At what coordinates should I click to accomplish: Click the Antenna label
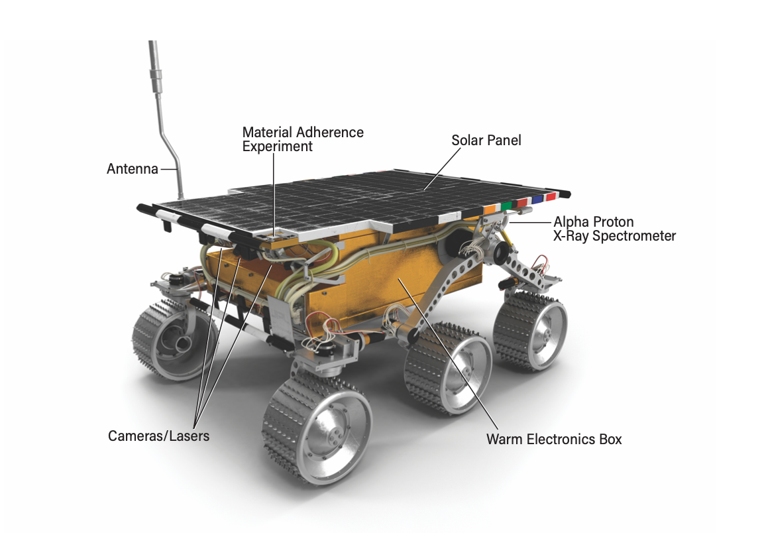133,169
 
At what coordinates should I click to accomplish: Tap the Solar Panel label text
486,140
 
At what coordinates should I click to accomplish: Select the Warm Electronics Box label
554,440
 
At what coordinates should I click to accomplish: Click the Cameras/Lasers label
158,436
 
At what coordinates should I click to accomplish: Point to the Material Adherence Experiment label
303,139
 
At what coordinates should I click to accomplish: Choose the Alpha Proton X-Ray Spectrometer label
615,229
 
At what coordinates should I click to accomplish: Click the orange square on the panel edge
490,209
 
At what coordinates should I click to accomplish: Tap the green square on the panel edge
507,206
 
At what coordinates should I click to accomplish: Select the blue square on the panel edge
537,200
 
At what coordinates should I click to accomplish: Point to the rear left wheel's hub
183,344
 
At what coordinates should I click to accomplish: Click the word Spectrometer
635,236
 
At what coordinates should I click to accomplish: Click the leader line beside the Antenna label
169,169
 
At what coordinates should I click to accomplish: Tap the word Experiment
277,147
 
